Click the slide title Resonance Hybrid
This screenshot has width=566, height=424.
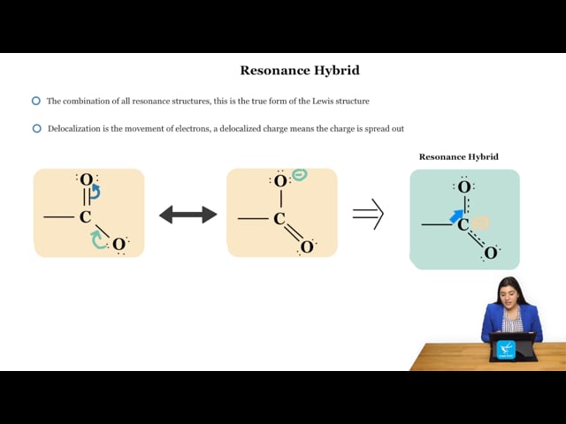point(300,71)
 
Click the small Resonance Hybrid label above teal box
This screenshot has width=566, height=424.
point(458,157)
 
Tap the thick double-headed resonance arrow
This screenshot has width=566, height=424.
point(188,215)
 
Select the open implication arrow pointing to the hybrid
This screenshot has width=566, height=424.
point(368,214)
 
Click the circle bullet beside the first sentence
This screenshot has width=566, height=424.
point(36,101)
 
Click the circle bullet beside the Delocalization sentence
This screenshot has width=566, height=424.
point(37,128)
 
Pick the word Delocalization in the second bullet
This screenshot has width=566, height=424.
point(74,129)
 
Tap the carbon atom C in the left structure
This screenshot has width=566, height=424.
point(85,217)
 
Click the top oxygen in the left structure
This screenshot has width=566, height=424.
point(87,179)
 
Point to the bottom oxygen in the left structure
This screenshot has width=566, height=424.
point(119,245)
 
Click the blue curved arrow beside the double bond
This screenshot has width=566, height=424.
point(96,192)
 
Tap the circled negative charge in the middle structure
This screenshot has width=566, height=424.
point(300,175)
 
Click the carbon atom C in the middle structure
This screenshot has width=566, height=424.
point(279,218)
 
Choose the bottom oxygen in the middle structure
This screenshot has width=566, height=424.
point(307,247)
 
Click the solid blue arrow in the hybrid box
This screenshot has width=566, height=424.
point(456,216)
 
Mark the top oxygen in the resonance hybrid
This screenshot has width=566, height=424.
point(464,187)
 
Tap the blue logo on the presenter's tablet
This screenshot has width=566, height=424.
point(506,349)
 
